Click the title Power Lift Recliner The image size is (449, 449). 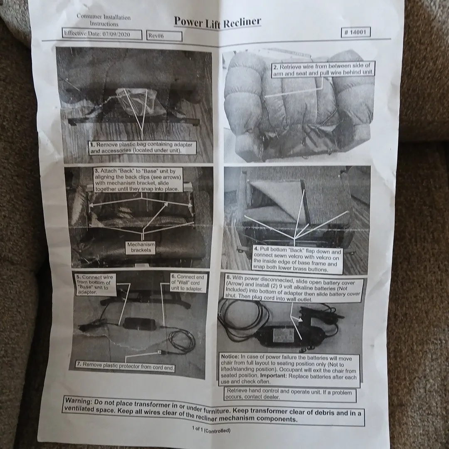[217, 22]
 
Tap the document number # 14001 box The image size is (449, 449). [355, 32]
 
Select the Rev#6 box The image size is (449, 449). [164, 36]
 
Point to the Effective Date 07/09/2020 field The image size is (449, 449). [102, 35]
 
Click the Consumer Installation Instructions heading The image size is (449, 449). [104, 20]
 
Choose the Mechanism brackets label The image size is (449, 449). [141, 247]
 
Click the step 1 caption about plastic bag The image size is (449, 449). [142, 148]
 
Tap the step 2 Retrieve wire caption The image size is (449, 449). [323, 69]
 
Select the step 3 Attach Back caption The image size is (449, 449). [138, 180]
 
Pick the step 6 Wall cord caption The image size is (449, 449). [188, 283]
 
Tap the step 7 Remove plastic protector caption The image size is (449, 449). [126, 366]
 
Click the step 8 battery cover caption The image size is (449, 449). [293, 289]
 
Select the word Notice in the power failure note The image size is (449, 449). [229, 357]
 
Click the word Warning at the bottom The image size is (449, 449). [78, 401]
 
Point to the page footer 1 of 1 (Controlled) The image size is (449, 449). [211, 429]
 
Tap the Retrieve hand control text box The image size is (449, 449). [290, 394]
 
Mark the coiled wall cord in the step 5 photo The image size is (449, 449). [182, 342]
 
